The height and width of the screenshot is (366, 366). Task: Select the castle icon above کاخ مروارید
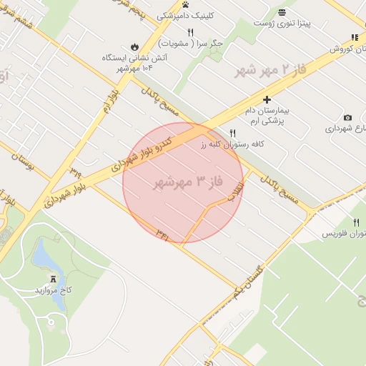[54, 278]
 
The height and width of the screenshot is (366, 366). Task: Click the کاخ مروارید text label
[54, 291]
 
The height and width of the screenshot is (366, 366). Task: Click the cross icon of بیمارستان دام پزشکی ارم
[267, 99]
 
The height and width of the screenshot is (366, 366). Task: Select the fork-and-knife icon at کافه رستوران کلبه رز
[233, 133]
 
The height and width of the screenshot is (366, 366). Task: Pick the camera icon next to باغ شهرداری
[347, 117]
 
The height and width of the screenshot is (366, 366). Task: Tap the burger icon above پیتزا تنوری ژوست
[282, 12]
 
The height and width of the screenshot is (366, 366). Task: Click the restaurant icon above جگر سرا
[190, 32]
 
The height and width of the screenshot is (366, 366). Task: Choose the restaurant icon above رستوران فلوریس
[355, 222]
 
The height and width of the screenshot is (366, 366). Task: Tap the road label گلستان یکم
[248, 282]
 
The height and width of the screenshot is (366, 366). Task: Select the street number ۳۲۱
[162, 232]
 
